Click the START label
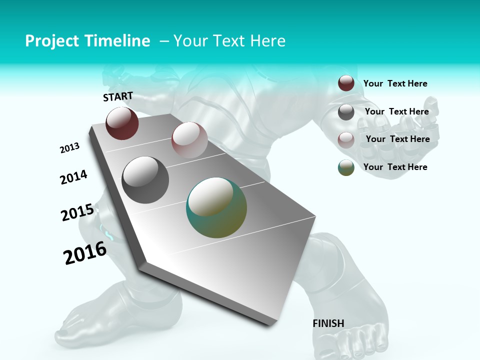pyautogui.click(x=118, y=96)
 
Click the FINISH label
pyautogui.click(x=328, y=323)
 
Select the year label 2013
pyautogui.click(x=69, y=148)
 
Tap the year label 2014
pyautogui.click(x=73, y=177)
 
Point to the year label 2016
pyautogui.click(x=85, y=253)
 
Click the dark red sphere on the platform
pyautogui.click(x=122, y=123)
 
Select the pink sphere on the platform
pyautogui.click(x=189, y=140)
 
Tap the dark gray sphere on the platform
pyautogui.click(x=145, y=179)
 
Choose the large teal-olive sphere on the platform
pyautogui.click(x=216, y=207)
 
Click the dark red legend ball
pyautogui.click(x=346, y=83)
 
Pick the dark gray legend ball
pyautogui.click(x=346, y=112)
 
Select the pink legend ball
pyautogui.click(x=346, y=139)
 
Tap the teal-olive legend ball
pyautogui.click(x=346, y=167)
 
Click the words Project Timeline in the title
pyautogui.click(x=87, y=41)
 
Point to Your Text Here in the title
pyautogui.click(x=229, y=41)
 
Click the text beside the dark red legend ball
pyautogui.click(x=395, y=84)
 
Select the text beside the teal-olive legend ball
pyautogui.click(x=395, y=167)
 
